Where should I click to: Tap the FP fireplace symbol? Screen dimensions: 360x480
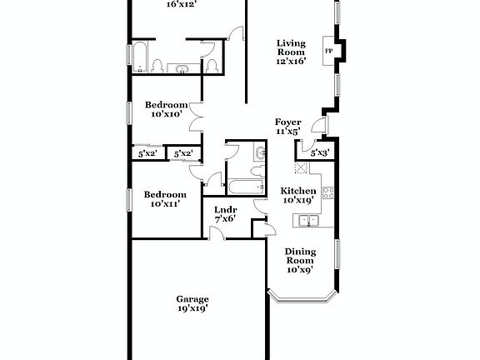click(x=329, y=52)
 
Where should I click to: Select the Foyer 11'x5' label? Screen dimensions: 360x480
click(x=287, y=127)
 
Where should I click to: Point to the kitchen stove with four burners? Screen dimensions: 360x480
click(x=328, y=193)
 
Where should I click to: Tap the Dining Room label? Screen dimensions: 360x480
click(x=299, y=260)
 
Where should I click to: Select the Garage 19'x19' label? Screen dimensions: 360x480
click(x=192, y=303)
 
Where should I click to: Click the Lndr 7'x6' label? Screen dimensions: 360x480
click(x=225, y=214)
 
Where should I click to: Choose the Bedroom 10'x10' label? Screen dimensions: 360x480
click(x=166, y=110)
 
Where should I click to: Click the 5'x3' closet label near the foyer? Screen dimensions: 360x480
click(x=319, y=153)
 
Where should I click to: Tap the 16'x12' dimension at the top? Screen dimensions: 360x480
click(x=180, y=4)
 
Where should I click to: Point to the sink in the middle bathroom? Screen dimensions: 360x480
click(x=259, y=152)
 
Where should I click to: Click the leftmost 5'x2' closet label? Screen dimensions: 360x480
click(x=147, y=153)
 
